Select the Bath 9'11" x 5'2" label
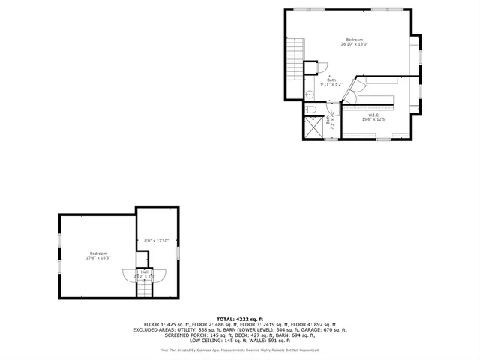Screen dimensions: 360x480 [x=331, y=82]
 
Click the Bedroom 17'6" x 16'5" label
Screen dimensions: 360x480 [x=98, y=255]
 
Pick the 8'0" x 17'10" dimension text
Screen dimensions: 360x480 [x=156, y=240]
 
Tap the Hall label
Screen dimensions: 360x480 [x=144, y=274]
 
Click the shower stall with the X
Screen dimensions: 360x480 [x=311, y=128]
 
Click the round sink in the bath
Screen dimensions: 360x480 [x=308, y=94]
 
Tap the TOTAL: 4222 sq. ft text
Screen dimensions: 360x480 [x=240, y=319]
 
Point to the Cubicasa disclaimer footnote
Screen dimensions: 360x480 [x=240, y=349]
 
